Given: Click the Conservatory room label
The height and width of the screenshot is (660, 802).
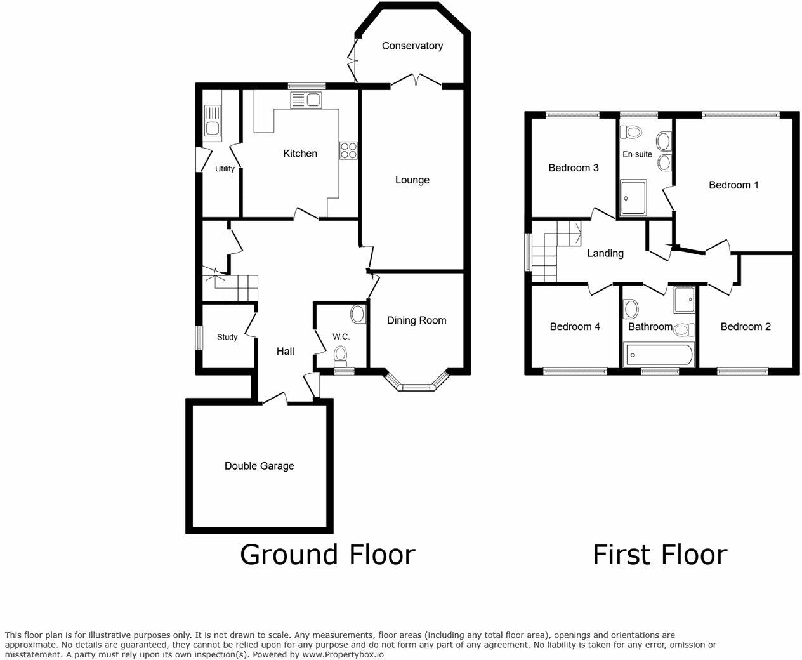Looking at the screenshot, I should tap(412, 46).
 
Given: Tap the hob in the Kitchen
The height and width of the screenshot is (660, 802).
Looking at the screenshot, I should tap(348, 150).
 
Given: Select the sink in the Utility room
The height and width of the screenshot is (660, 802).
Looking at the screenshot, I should tap(212, 121).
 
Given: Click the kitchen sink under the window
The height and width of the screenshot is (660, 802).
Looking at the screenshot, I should tap(306, 100).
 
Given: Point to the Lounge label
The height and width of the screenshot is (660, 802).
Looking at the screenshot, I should tap(412, 180).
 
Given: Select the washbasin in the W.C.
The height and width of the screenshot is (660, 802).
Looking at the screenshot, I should tap(358, 314).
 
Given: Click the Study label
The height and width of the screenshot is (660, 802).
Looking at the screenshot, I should tap(227, 337).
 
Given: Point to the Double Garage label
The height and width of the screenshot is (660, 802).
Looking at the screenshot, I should tap(260, 466).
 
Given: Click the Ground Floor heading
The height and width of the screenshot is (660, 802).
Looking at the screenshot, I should tap(327, 555).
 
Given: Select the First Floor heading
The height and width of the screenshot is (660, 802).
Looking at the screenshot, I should tap(660, 555).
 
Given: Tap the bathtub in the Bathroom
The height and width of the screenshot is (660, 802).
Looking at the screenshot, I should tap(659, 354).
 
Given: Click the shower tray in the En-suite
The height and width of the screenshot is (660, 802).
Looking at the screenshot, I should tap(633, 197).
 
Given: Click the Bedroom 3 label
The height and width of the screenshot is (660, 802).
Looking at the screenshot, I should tap(574, 168).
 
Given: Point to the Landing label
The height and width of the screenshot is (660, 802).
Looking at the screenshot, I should tap(605, 253).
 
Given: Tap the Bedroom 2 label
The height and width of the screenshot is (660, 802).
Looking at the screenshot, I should tap(746, 327).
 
